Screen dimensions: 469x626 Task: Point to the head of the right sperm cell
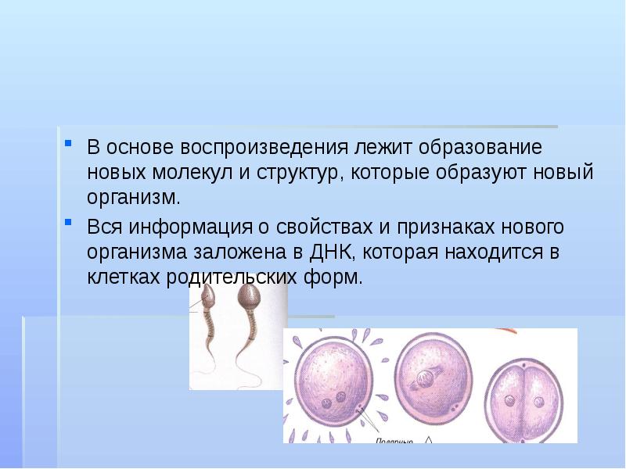(x=248, y=296)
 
